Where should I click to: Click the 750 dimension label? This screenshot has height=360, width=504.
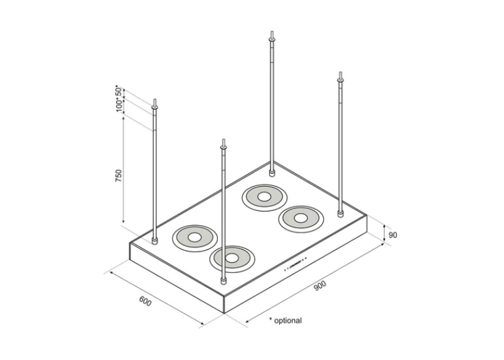tap(119, 177)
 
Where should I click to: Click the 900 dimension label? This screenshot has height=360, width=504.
tap(319, 287)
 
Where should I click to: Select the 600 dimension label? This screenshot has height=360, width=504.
tap(145, 301)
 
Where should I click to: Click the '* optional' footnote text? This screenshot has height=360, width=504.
tap(285, 321)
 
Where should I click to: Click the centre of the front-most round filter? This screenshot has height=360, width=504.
tap(232, 258)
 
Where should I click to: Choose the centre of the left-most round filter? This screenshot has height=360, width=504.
tap(196, 237)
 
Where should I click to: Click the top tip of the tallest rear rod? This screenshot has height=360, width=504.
tap(271, 32)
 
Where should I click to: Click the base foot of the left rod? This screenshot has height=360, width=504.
tap(156, 241)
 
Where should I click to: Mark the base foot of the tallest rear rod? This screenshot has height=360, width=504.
tap(271, 172)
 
